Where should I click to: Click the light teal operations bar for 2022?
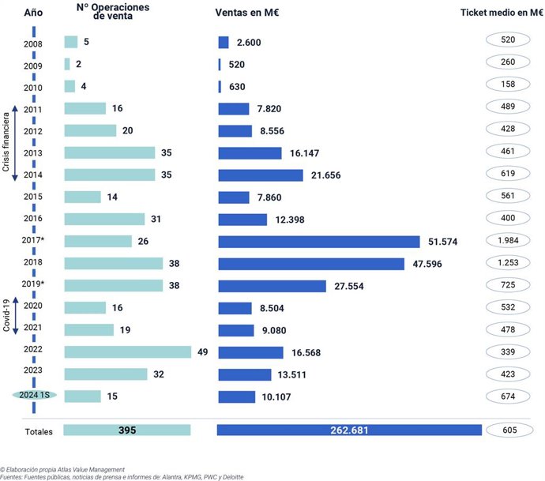127,352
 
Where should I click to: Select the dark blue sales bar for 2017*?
318,241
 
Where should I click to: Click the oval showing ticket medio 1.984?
508,241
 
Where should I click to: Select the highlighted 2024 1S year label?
34,396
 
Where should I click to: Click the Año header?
32,13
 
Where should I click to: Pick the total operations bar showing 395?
127,430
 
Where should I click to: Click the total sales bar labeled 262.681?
349,430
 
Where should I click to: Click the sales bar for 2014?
260,175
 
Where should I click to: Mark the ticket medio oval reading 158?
508,87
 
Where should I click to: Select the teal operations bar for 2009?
67,64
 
